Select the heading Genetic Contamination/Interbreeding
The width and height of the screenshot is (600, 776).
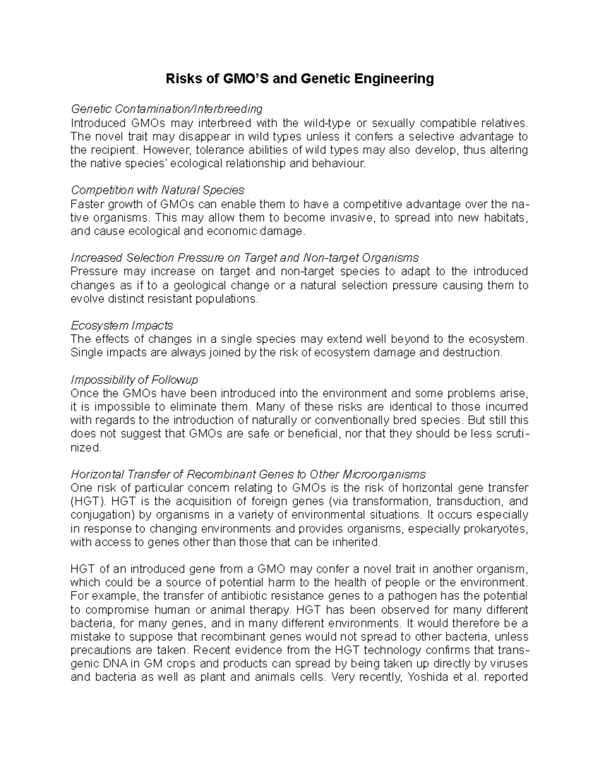tap(166, 109)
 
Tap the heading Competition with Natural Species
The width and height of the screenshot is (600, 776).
tap(157, 190)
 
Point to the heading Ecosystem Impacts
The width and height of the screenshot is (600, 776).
tap(122, 326)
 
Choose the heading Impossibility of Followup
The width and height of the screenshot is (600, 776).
tap(134, 380)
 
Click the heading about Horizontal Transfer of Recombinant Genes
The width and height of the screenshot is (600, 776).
tap(248, 474)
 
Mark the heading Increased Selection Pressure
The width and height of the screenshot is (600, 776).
tap(244, 258)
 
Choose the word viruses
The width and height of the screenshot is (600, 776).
tap(508, 664)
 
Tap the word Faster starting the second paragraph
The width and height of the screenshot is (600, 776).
tap(88, 204)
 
